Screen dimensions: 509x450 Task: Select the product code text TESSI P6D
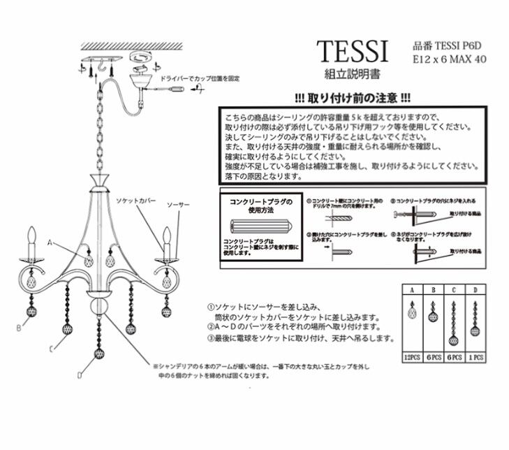pyautogui.click(x=445, y=45)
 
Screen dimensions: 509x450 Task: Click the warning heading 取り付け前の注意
pyautogui.click(x=352, y=99)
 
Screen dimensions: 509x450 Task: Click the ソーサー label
pyautogui.click(x=178, y=205)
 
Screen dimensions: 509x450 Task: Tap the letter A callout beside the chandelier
pyautogui.click(x=50, y=242)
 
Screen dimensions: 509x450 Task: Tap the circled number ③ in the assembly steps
pyautogui.click(x=210, y=337)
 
